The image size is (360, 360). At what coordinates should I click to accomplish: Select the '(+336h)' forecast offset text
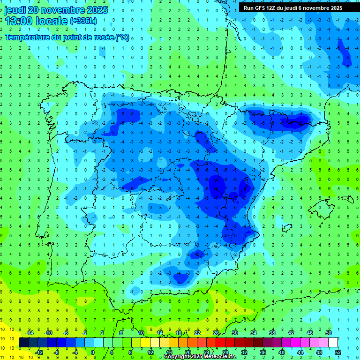(x=83, y=21)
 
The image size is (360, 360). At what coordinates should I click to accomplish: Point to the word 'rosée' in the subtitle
(x=99, y=37)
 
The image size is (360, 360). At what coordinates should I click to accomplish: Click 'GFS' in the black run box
(x=261, y=8)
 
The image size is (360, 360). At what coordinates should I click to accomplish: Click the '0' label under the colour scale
(x=93, y=352)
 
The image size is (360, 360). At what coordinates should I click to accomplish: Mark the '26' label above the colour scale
(x=216, y=333)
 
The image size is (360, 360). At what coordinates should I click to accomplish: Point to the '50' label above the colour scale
(x=329, y=333)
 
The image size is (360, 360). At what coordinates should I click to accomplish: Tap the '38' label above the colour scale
(x=272, y=333)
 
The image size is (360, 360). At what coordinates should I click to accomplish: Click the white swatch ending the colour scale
(x=333, y=343)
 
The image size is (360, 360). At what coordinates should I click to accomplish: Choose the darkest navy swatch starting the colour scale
(x=23, y=343)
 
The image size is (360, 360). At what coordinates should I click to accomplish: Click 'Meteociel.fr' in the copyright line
(x=220, y=357)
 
